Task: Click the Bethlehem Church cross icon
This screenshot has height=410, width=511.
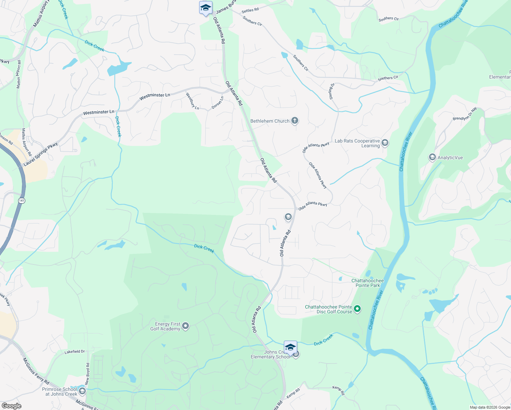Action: (x=294, y=121)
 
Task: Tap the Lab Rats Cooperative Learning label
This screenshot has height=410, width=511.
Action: (x=357, y=143)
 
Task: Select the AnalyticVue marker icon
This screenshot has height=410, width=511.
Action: (x=432, y=157)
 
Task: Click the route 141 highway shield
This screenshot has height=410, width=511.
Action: (x=22, y=201)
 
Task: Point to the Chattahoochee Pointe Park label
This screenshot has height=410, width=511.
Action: (x=368, y=283)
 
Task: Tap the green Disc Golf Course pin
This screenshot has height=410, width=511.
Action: (x=357, y=309)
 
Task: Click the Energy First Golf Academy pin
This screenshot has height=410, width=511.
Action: (x=185, y=326)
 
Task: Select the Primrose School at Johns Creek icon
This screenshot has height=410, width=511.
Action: (x=82, y=391)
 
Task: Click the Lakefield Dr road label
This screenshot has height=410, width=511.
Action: (x=75, y=351)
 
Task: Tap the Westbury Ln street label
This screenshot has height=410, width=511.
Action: (x=192, y=101)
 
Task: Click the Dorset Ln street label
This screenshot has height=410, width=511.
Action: (x=218, y=102)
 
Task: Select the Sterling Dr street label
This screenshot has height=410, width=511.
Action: (x=332, y=91)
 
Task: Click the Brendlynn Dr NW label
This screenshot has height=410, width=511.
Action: (x=465, y=114)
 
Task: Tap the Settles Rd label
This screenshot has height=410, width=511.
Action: (x=250, y=10)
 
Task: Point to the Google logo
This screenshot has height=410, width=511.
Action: (x=11, y=406)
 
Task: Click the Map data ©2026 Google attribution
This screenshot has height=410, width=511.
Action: (x=490, y=407)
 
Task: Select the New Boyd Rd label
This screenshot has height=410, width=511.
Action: (x=87, y=374)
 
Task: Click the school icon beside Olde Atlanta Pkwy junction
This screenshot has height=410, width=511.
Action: (x=288, y=217)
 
